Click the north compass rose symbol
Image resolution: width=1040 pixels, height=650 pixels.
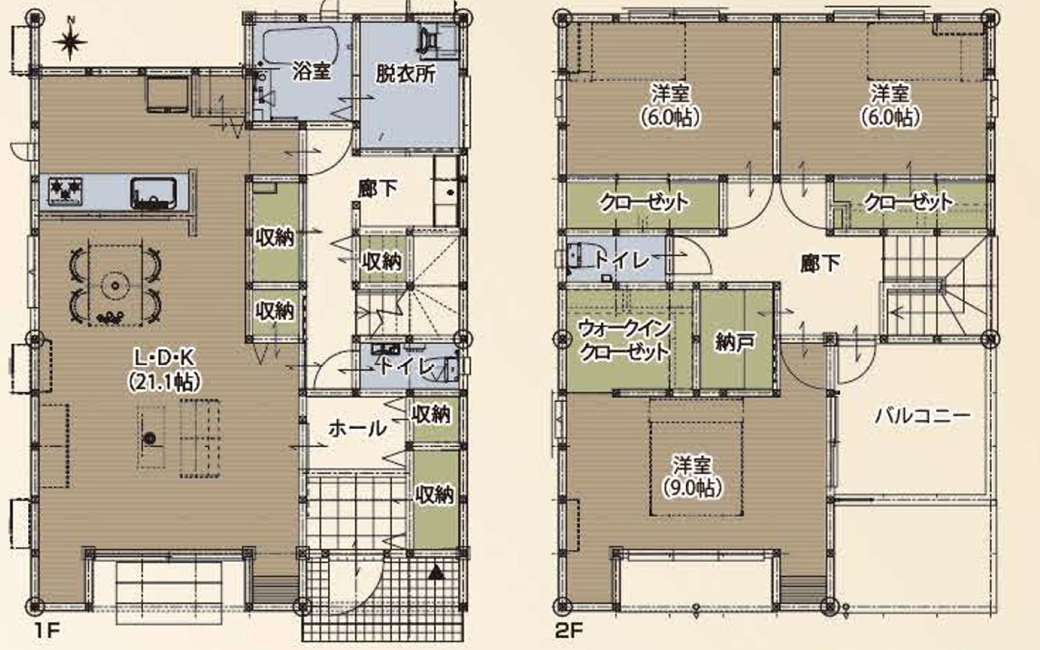70,41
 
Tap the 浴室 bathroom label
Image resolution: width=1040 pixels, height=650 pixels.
311,71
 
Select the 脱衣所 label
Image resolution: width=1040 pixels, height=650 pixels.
406,74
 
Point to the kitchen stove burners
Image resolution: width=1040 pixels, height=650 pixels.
65,191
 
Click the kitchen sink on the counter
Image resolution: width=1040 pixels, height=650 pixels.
153,192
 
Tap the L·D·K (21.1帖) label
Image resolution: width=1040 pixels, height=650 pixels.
165,370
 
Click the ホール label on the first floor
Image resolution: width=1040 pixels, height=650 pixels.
357,428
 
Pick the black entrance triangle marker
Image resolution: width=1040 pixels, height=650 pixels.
436,573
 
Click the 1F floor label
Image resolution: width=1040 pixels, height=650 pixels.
47,630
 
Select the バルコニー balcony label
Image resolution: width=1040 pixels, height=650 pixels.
922,416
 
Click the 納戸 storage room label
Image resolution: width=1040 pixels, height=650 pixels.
734,342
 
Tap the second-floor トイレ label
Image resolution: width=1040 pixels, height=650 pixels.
622,261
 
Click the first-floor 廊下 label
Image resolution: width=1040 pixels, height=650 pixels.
378,188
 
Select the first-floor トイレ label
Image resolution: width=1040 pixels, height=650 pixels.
407,368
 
